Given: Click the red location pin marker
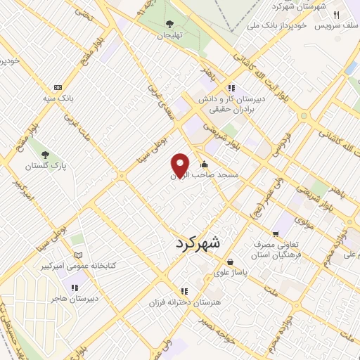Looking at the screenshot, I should (x=181, y=165).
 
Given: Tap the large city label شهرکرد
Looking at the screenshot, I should (x=195, y=243).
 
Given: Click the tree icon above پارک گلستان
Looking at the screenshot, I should (x=44, y=155).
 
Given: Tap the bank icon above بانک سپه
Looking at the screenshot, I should (x=67, y=86).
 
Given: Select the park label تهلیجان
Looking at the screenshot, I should (x=169, y=34).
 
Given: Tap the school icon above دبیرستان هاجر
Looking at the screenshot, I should (x=75, y=287).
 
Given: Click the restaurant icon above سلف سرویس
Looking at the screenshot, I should (x=337, y=15).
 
